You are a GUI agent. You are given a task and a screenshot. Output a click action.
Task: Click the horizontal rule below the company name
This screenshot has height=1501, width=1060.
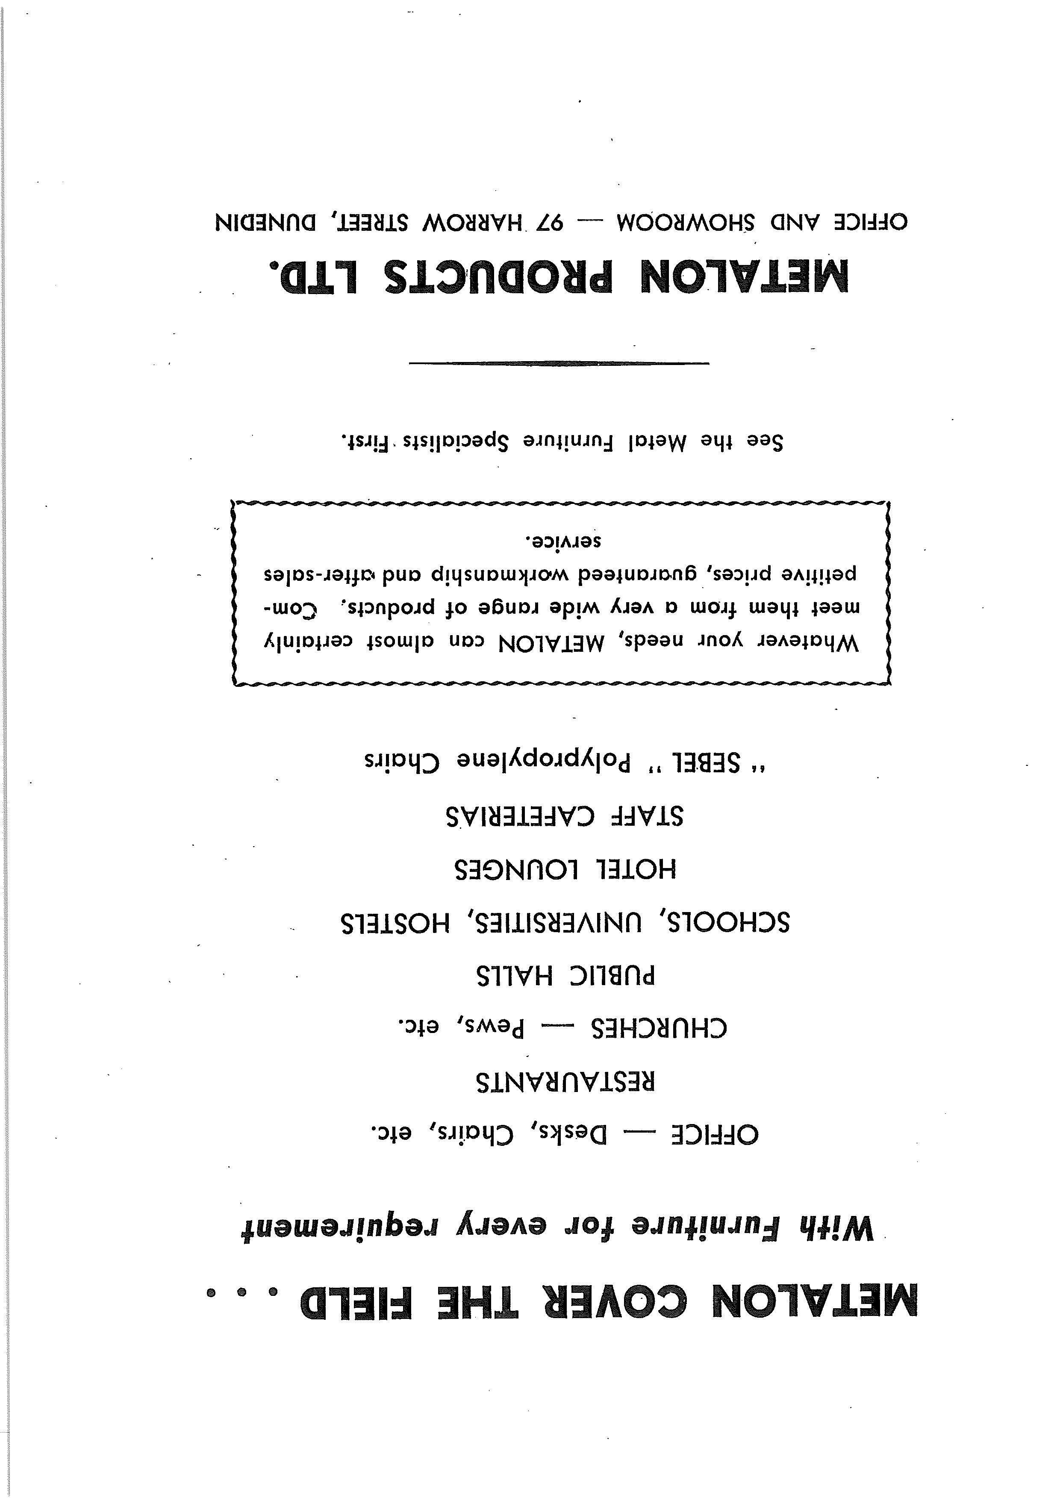click(559, 363)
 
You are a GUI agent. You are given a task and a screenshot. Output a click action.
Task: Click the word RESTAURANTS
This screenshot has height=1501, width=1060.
click(565, 1082)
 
